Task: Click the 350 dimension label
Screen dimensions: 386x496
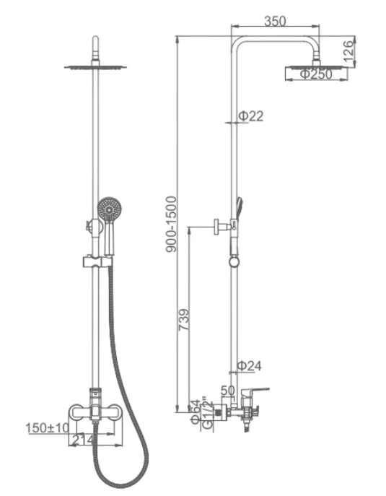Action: pyautogui.click(x=275, y=21)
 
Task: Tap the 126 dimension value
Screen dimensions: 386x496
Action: pyautogui.click(x=348, y=51)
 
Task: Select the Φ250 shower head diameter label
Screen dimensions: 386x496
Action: pyautogui.click(x=316, y=74)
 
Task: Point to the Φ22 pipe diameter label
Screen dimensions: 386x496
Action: pyautogui.click(x=250, y=116)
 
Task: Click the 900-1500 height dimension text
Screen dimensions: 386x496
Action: pyautogui.click(x=171, y=224)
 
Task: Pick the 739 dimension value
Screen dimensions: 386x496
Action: pyautogui.click(x=184, y=320)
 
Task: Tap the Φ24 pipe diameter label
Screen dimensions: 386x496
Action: pyautogui.click(x=250, y=365)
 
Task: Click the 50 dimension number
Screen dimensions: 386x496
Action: pyautogui.click(x=227, y=391)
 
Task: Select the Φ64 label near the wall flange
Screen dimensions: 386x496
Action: pyautogui.click(x=196, y=412)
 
